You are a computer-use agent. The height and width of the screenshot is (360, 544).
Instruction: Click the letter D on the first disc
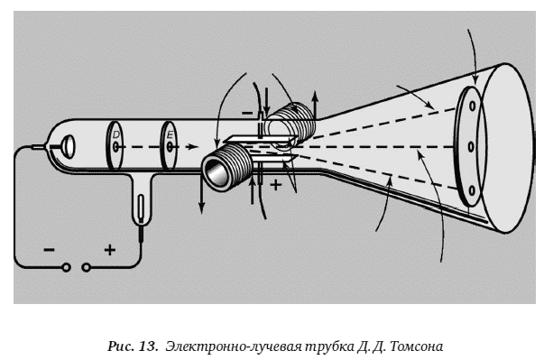click(115, 134)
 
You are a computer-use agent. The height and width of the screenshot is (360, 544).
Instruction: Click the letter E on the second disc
click(170, 134)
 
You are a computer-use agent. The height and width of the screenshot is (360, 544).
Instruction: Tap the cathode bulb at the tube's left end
click(68, 147)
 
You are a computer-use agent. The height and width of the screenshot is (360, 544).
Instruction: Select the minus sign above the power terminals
click(49, 250)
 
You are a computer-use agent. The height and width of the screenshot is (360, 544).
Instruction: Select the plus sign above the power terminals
click(110, 250)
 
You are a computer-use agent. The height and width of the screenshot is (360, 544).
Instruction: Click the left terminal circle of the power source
click(66, 267)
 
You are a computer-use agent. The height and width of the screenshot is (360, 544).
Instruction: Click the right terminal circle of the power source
click(86, 267)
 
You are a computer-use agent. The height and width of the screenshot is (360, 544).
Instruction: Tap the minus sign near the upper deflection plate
click(247, 113)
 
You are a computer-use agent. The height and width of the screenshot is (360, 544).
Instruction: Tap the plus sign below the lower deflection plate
click(276, 185)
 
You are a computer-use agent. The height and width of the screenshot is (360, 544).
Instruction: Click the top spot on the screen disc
click(472, 106)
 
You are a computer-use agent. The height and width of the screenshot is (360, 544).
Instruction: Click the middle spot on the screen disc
click(471, 147)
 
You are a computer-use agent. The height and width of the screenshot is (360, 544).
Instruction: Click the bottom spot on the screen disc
click(471, 190)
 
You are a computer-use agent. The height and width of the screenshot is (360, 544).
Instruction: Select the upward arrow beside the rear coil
click(315, 105)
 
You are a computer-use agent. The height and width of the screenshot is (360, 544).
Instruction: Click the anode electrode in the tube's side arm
click(141, 208)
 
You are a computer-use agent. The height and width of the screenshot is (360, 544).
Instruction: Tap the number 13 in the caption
click(149, 346)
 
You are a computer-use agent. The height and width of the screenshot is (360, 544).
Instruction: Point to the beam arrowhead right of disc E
click(191, 147)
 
